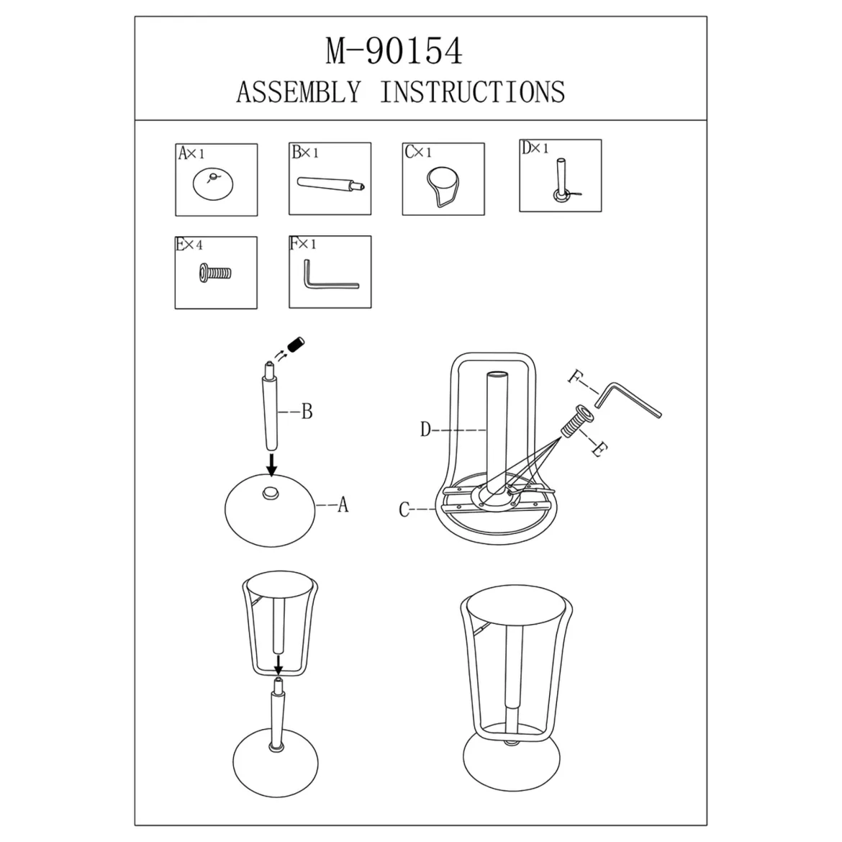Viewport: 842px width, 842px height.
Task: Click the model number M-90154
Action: tap(394, 52)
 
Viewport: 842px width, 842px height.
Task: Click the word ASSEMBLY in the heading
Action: tap(299, 92)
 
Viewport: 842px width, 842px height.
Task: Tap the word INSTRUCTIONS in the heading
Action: tap(473, 92)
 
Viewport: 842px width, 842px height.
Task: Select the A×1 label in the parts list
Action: tap(191, 153)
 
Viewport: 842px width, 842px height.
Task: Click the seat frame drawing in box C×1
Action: tap(443, 186)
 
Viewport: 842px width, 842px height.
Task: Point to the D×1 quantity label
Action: tap(535, 148)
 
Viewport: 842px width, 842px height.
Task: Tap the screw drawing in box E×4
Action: tap(215, 273)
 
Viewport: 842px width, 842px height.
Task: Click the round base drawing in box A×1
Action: tap(213, 184)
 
